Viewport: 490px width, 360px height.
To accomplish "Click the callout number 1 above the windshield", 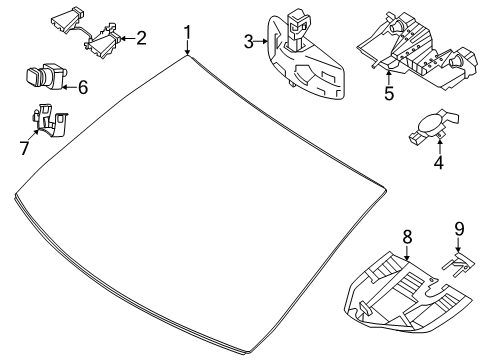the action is [x=188, y=33].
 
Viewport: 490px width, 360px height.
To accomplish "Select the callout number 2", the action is [x=141, y=38].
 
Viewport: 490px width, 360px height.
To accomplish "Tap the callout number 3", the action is [x=248, y=42].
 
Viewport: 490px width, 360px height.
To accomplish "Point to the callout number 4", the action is [x=439, y=162].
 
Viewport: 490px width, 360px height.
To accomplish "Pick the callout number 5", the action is [x=389, y=93].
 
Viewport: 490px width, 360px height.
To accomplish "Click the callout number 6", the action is [x=83, y=87].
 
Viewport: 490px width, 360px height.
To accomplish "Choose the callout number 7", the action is [x=24, y=148].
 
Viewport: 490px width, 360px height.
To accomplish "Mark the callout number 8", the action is [x=407, y=237].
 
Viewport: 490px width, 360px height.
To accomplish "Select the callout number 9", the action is [x=459, y=229].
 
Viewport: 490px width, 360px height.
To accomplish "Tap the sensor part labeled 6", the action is [x=47, y=76].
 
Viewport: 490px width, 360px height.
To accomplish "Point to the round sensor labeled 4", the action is [x=433, y=126].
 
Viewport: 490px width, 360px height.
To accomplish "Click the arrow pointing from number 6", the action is [x=69, y=87].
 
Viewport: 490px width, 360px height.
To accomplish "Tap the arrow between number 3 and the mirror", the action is [x=261, y=42].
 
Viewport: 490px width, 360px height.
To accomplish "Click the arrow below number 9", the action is [x=458, y=245].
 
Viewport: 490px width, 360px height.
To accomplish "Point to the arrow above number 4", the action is [x=440, y=147].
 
